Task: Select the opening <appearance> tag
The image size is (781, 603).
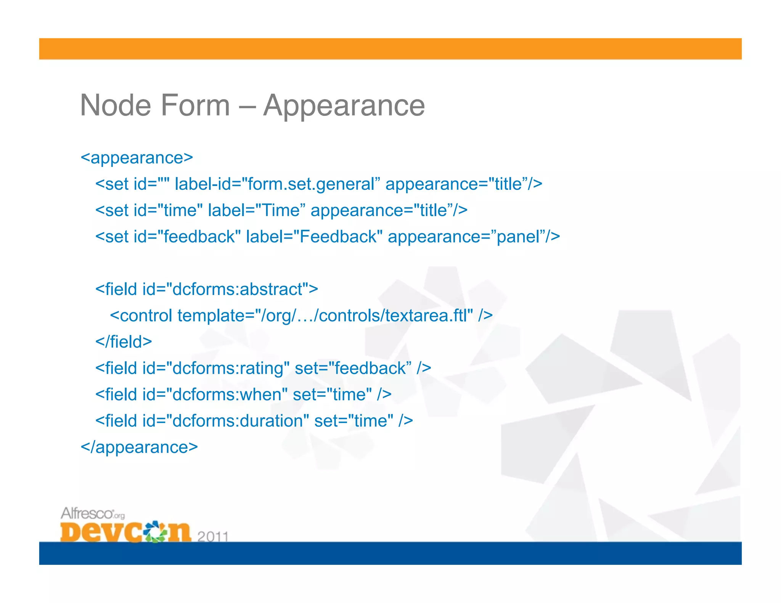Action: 137,158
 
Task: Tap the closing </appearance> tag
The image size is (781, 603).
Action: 139,447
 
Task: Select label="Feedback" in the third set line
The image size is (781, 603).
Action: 314,237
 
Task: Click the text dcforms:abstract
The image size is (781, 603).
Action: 238,289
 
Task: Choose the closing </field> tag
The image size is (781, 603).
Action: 124,342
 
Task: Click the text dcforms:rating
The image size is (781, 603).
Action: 228,368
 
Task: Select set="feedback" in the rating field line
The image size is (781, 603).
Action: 353,368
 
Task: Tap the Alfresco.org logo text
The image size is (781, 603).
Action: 92,513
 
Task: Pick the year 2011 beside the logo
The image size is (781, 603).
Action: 212,537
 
